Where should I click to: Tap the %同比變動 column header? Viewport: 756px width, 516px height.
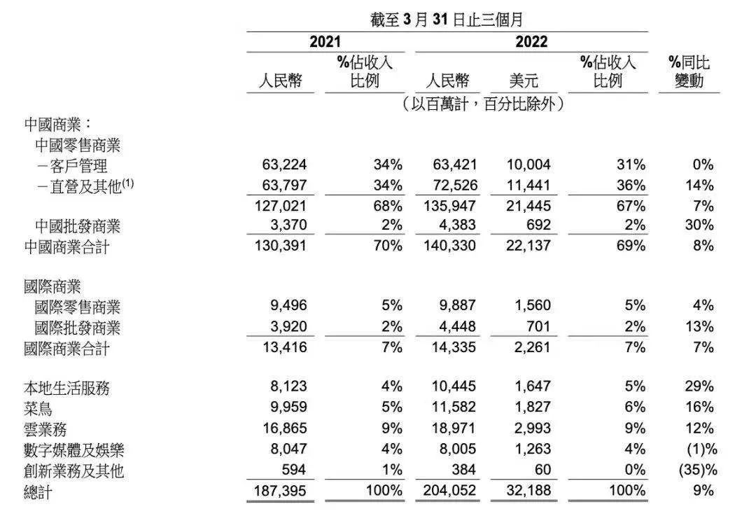(x=689, y=71)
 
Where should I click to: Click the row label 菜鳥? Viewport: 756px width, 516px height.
(x=38, y=407)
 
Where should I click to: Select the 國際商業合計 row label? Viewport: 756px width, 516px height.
(x=66, y=348)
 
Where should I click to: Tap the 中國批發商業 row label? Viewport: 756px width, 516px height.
(x=78, y=226)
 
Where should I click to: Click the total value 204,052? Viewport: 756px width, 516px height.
(x=450, y=491)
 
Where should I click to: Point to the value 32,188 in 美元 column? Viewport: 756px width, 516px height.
(x=528, y=491)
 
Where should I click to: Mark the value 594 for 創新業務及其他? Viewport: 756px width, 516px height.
(x=293, y=470)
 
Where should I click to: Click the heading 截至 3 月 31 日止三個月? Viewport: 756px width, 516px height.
(x=447, y=20)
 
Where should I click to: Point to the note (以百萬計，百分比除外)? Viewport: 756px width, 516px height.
(x=483, y=104)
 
